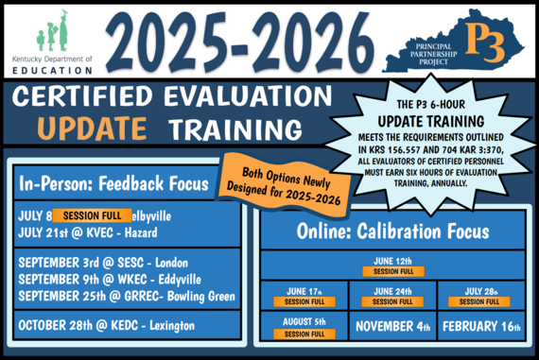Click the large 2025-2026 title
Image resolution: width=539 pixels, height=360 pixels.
click(x=245, y=42)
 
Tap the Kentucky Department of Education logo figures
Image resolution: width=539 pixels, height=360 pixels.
click(x=51, y=32)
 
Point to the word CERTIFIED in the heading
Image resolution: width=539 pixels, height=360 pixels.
click(x=94, y=98)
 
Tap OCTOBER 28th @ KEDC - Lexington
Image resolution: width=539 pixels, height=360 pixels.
click(x=105, y=326)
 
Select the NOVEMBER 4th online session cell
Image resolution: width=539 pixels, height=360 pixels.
click(x=392, y=327)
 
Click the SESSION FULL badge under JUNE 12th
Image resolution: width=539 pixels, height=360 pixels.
click(x=392, y=271)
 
